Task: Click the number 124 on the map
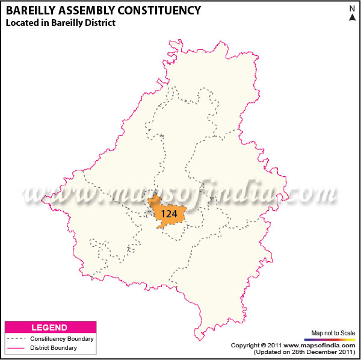click(168, 214)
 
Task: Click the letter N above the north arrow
click(352, 8)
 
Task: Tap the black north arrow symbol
click(352, 17)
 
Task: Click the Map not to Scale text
click(333, 333)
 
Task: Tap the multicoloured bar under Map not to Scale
click(333, 340)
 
